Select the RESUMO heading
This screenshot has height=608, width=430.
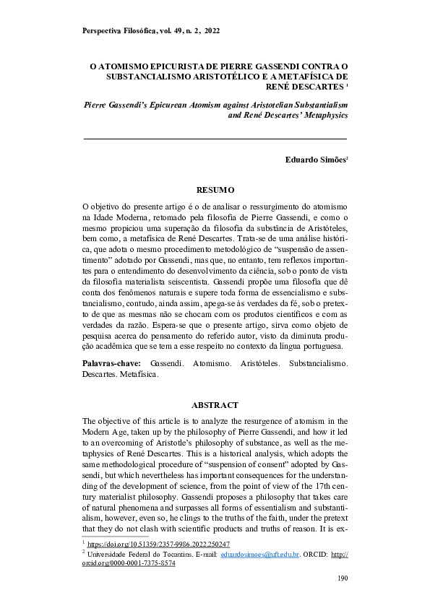coord(215,190)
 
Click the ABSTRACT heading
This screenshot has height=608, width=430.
coord(215,405)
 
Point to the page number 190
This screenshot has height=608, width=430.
coord(343,580)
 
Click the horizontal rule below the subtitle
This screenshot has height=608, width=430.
coord(215,137)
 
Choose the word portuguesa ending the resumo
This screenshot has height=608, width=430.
coord(324,346)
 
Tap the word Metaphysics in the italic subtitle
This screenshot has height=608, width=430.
coord(324,115)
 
